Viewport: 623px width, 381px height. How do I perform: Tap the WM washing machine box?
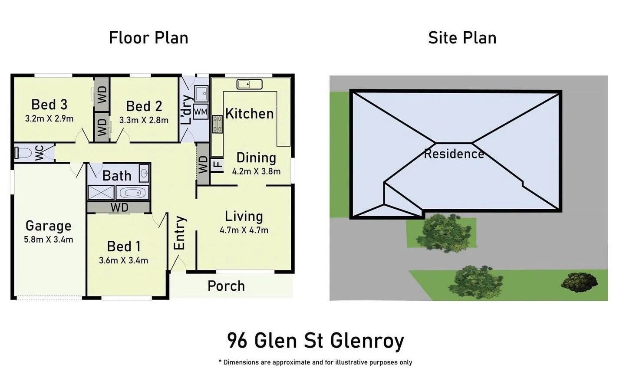[x=200, y=112]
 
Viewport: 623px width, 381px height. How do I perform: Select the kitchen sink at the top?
[x=249, y=84]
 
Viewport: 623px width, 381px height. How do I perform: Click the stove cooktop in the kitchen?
[x=217, y=124]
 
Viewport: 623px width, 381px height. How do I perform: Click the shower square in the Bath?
[x=101, y=193]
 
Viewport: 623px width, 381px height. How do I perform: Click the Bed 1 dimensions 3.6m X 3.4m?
[x=123, y=260]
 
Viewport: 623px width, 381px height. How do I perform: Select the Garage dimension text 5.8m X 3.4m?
[x=48, y=239]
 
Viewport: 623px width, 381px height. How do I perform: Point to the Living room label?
[x=244, y=216]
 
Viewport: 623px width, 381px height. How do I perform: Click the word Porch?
[x=226, y=286]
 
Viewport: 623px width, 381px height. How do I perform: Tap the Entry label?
[x=179, y=233]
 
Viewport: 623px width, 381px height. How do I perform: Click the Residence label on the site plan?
[x=454, y=154]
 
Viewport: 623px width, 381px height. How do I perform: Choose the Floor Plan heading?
[x=148, y=38]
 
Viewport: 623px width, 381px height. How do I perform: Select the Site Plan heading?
[x=462, y=38]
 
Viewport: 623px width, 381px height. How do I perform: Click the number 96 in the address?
[x=237, y=341]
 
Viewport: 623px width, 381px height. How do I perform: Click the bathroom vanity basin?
[x=144, y=174]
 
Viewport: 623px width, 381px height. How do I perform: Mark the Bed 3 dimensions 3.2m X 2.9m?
[x=49, y=118]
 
